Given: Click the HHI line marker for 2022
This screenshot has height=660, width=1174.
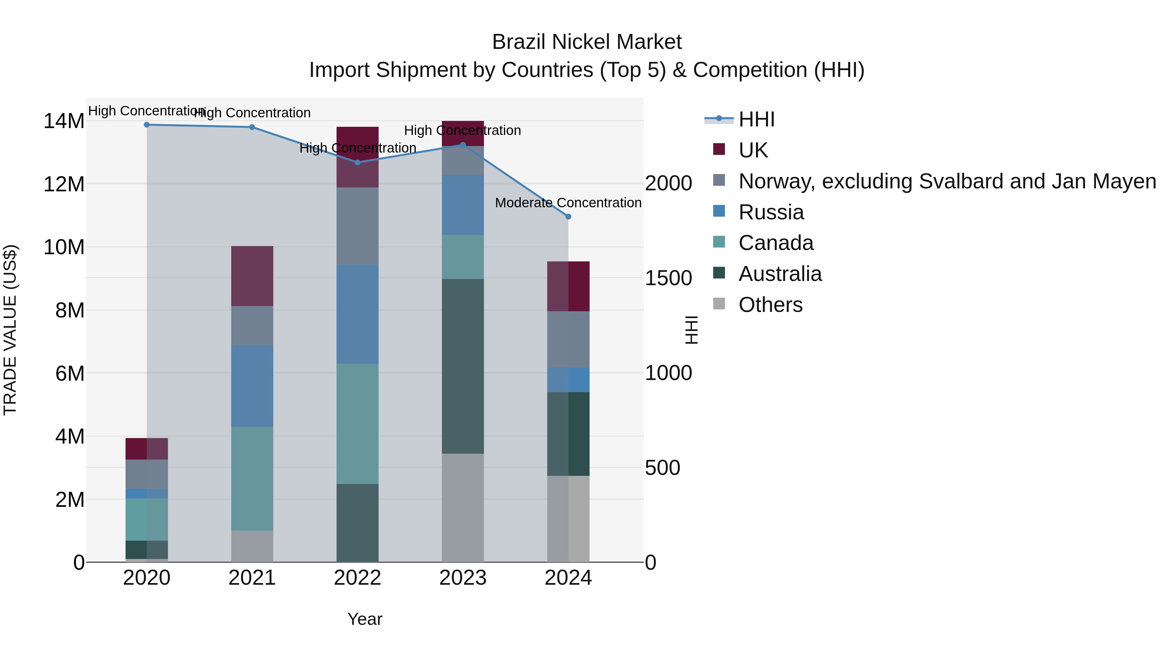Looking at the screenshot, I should click(357, 162).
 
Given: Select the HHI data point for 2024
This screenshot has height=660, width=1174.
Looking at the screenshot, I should click(568, 217).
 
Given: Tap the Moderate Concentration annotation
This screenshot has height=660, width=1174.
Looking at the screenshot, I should click(568, 203).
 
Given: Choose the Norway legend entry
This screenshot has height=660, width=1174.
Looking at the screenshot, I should click(947, 181).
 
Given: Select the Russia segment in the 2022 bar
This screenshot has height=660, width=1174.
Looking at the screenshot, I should click(357, 314).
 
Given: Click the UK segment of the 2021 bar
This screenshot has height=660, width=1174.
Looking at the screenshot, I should click(252, 276).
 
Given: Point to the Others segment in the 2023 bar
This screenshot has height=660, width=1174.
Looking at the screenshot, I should click(462, 507).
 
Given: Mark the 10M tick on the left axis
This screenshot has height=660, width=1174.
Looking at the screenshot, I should click(64, 247).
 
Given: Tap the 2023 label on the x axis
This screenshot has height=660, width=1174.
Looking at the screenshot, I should click(462, 578).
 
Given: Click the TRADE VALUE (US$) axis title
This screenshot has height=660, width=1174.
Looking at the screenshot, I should click(10, 330).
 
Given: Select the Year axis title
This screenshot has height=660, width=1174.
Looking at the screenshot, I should click(365, 619).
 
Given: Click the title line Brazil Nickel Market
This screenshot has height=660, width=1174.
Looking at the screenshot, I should click(587, 42).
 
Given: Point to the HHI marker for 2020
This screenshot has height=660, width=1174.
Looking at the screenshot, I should click(147, 125).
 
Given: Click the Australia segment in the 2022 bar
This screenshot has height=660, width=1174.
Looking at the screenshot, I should click(357, 522).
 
